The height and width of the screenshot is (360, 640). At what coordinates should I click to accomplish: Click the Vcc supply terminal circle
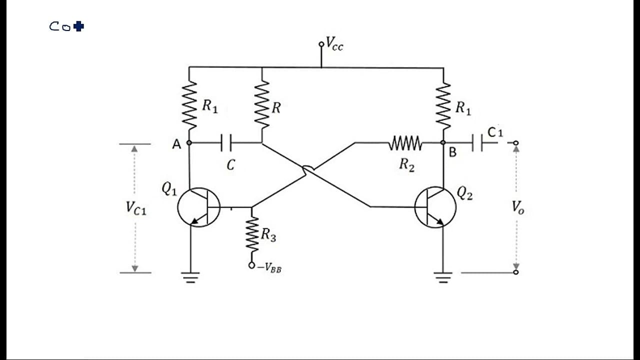[x=321, y=44]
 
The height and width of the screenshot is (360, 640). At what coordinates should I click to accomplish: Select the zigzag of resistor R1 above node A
[x=189, y=105]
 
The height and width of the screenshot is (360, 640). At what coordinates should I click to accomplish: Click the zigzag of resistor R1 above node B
[x=443, y=106]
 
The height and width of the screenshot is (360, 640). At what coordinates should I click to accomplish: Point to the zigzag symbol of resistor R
[x=262, y=104]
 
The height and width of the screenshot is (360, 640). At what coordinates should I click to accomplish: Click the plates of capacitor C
[x=226, y=142]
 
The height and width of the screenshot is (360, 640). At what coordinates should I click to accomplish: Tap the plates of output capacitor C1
[x=477, y=143]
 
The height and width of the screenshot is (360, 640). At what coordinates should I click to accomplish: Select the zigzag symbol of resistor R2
[x=405, y=143]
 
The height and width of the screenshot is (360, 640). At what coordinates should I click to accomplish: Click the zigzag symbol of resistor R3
[x=251, y=234]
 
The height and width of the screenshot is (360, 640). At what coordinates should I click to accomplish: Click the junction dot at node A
[x=189, y=142]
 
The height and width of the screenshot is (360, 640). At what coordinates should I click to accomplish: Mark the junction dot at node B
[x=443, y=142]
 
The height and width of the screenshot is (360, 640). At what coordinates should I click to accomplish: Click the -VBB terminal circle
[x=251, y=265]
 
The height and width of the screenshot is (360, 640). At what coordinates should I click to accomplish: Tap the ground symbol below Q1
[x=190, y=277]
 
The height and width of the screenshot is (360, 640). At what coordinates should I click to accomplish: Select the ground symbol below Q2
[x=443, y=277]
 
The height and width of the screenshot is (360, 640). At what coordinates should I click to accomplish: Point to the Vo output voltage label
[x=517, y=207]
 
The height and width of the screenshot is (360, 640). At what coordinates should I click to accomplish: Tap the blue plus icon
[x=78, y=26]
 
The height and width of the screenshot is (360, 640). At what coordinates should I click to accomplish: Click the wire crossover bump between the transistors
[x=308, y=168]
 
